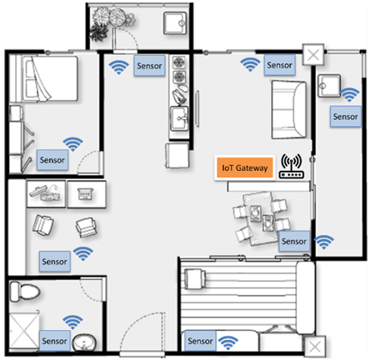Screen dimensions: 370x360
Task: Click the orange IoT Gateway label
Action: [x=244, y=167]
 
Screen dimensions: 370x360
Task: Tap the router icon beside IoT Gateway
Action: [x=291, y=166]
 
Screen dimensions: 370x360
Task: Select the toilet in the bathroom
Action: [x=24, y=292]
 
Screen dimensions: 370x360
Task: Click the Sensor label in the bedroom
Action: [x=52, y=160]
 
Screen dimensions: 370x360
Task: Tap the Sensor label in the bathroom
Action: [x=54, y=341]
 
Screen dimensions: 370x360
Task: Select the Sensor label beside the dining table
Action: [x=294, y=241]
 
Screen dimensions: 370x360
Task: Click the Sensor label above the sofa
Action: [x=279, y=65]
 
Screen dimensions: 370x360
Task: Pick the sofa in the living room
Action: [x=289, y=109]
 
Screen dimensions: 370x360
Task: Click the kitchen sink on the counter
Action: [x=179, y=119]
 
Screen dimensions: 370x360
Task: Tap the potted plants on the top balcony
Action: [x=111, y=22]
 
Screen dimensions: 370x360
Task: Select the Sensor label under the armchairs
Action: [x=54, y=262]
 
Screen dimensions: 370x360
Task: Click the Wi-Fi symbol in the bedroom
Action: [x=72, y=144]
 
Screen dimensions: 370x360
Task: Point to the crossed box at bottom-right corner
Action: [x=315, y=347]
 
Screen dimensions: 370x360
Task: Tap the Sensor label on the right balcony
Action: [x=345, y=117]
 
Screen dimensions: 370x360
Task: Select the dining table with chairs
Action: [x=261, y=218]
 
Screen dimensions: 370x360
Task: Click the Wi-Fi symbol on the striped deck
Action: [x=228, y=342]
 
